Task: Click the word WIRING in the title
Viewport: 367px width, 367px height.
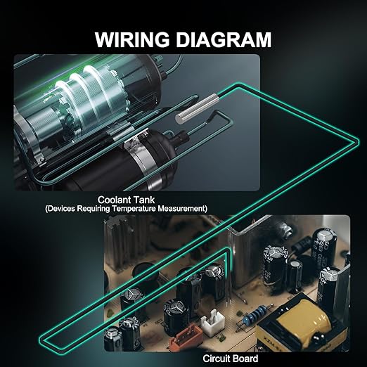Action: tap(132, 39)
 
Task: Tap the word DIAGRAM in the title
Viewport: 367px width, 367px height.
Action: tap(224, 39)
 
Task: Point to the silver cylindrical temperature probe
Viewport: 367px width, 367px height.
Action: tap(197, 108)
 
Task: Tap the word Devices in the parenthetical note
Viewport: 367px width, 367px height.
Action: tap(60, 208)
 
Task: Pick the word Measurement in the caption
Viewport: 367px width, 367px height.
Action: tap(182, 208)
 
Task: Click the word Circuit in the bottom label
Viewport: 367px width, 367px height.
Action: tap(214, 359)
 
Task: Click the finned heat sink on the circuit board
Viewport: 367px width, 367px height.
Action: tap(119, 241)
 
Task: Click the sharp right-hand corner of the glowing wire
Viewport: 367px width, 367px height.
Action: tap(358, 141)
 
